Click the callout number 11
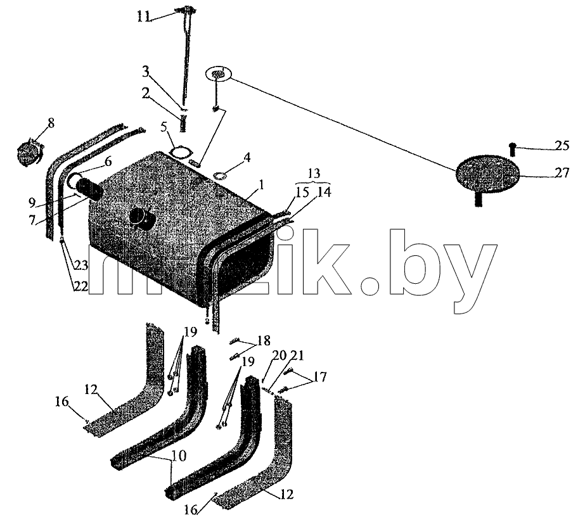pyautogui.click(x=143, y=16)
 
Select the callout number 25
pyautogui.click(x=562, y=145)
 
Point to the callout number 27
pyautogui.click(x=562, y=172)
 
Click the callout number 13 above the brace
pyautogui.click(x=314, y=174)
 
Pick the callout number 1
pyautogui.click(x=262, y=184)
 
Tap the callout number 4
pyautogui.click(x=247, y=157)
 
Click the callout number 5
pyautogui.click(x=164, y=127)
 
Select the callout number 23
pyautogui.click(x=81, y=265)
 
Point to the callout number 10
pyautogui.click(x=179, y=456)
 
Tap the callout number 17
pyautogui.click(x=319, y=376)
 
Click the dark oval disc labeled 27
pyautogui.click(x=487, y=175)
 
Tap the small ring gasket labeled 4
pyautogui.click(x=221, y=174)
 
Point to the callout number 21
pyautogui.click(x=298, y=355)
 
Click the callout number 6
pyautogui.click(x=108, y=162)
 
